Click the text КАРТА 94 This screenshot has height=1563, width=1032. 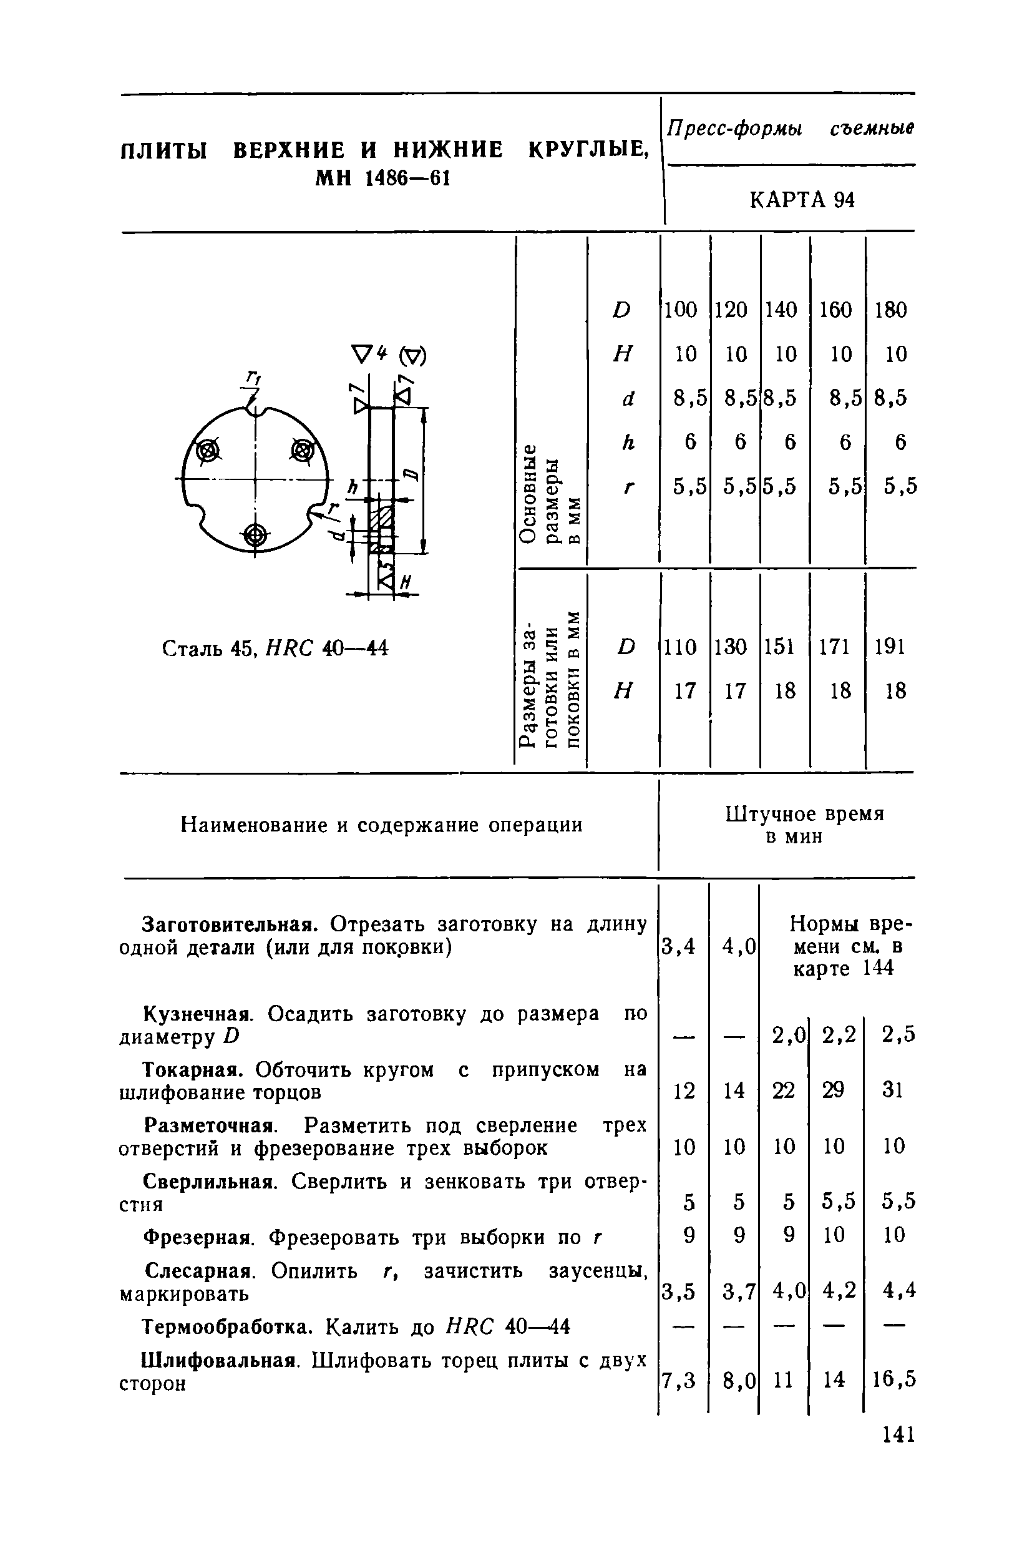802,200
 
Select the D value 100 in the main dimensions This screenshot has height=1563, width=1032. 681,310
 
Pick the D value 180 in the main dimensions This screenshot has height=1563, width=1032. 890,310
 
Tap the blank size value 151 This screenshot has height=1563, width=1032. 780,647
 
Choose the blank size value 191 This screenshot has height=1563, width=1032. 890,647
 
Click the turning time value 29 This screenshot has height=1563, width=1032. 833,1091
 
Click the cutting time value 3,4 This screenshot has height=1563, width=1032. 678,947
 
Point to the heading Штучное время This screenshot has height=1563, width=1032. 804,815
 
